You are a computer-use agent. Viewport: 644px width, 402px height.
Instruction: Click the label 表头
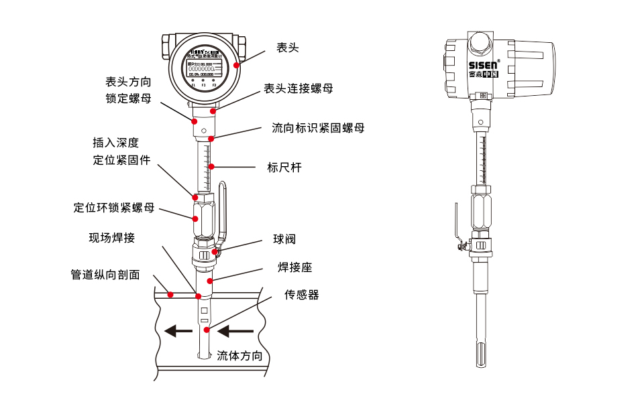287,48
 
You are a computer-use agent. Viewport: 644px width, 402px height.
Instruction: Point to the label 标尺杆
284,167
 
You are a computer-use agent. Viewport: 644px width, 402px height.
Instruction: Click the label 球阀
284,239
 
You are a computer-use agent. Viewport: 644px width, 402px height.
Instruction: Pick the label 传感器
301,295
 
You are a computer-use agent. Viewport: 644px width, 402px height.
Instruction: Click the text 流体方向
239,356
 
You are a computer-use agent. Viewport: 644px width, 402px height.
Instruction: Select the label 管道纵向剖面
105,275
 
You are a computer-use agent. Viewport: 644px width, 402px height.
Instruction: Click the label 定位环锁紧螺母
114,208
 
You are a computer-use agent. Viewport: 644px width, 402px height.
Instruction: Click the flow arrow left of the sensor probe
179,330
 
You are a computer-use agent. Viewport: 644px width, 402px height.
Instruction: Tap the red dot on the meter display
236,66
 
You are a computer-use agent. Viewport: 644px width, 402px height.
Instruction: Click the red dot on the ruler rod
211,166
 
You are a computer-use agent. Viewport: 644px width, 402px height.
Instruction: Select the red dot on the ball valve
215,252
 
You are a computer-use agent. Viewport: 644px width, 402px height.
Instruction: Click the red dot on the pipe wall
170,294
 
